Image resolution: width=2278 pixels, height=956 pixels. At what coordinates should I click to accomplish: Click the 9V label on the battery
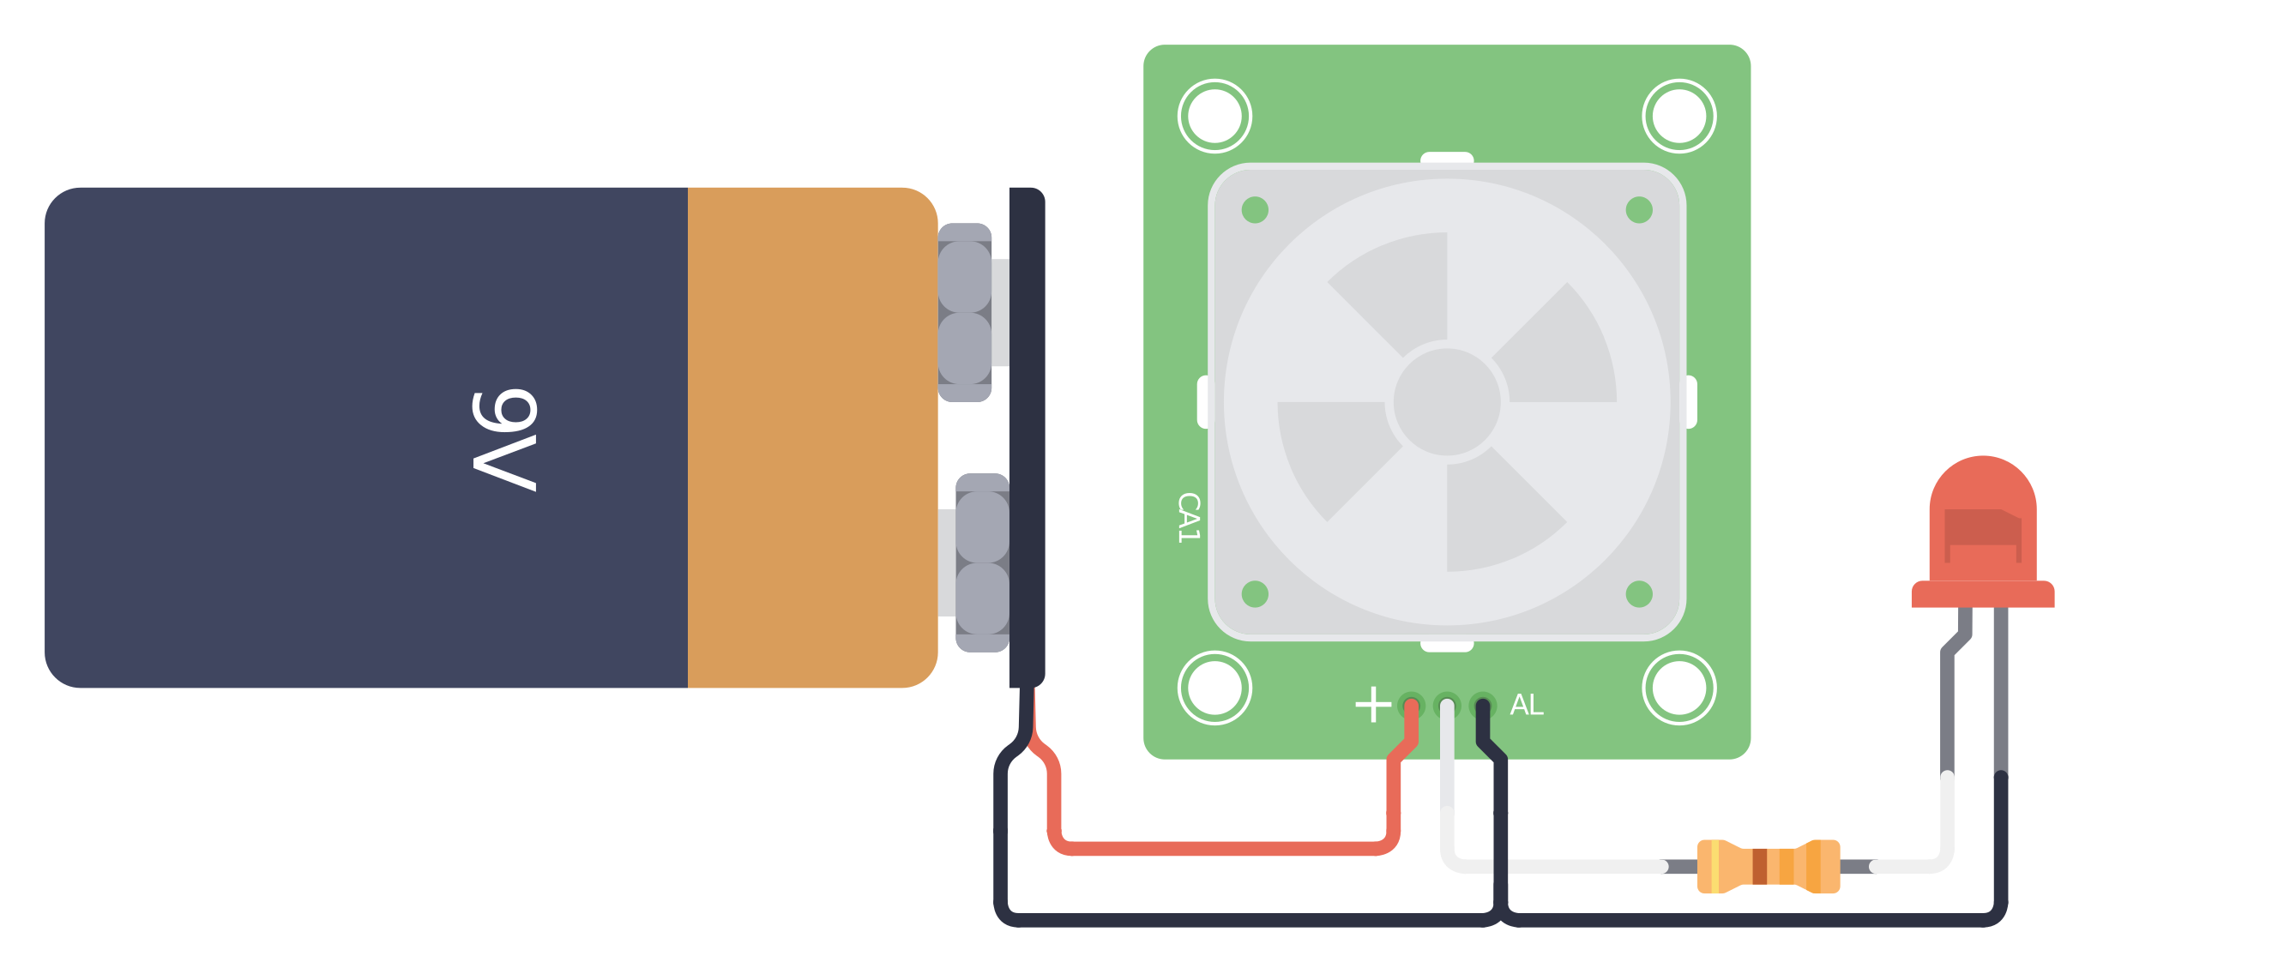click(504, 439)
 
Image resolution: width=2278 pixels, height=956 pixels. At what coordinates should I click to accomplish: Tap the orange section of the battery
click(812, 437)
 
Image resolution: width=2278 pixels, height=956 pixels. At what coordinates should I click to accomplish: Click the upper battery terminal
click(965, 312)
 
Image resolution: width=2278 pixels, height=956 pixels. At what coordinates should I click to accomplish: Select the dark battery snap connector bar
click(1027, 437)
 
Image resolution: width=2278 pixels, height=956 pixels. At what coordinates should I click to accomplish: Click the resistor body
click(1769, 866)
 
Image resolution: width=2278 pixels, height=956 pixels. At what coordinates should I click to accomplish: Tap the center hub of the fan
click(1447, 401)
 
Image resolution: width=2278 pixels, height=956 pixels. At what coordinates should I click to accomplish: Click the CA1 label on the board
click(1189, 517)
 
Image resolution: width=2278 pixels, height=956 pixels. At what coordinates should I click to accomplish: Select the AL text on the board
click(1527, 705)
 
